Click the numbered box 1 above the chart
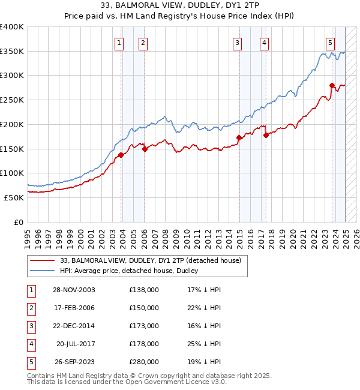(x=119, y=43)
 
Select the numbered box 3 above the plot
(x=238, y=43)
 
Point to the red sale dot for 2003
(x=121, y=155)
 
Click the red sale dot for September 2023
(x=332, y=85)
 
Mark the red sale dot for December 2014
(x=239, y=137)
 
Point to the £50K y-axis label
(x=14, y=197)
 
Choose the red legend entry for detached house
(x=150, y=260)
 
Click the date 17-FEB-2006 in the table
(x=74, y=308)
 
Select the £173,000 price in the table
(x=144, y=326)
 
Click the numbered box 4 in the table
(x=31, y=344)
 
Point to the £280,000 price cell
(x=144, y=362)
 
